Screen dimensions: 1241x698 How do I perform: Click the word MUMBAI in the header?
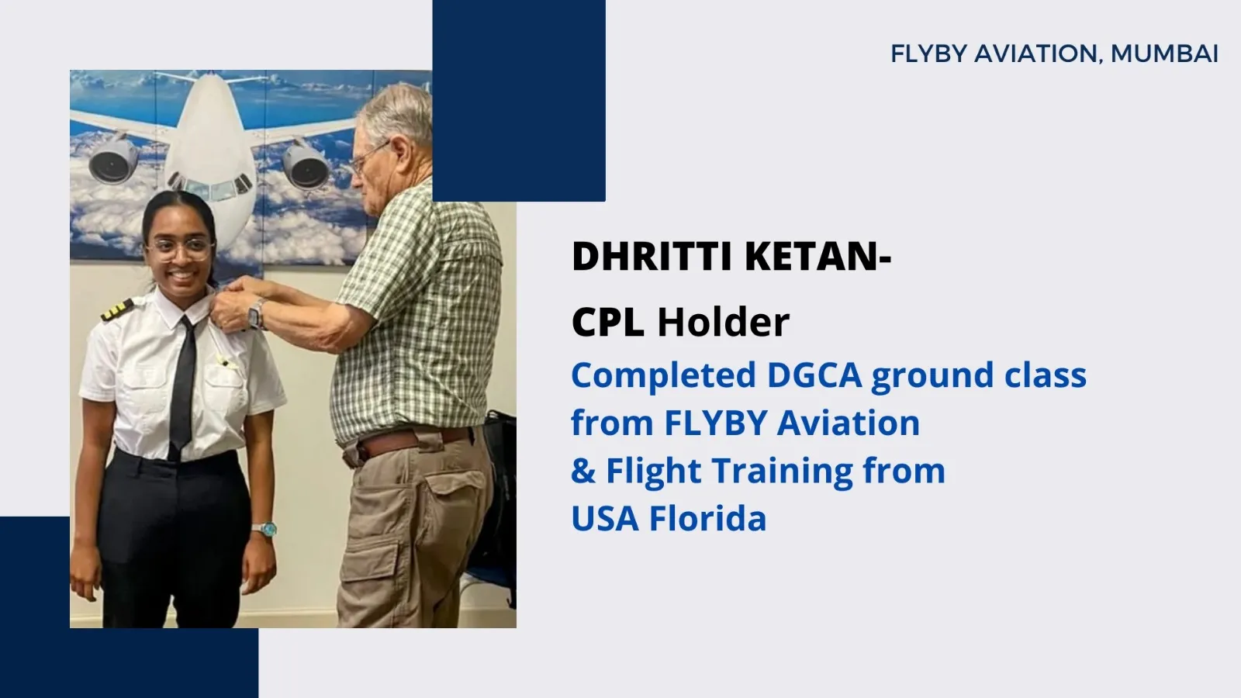[1164, 54]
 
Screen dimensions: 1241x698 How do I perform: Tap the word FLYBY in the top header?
[928, 54]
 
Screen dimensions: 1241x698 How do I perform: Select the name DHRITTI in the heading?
[652, 257]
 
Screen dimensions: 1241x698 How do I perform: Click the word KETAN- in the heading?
[818, 257]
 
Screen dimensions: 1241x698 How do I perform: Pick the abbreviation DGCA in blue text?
[814, 375]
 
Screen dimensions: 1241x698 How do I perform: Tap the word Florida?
[707, 518]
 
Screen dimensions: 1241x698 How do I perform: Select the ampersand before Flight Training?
[583, 470]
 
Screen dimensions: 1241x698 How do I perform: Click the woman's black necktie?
[182, 387]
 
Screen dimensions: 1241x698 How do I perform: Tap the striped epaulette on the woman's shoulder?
[117, 310]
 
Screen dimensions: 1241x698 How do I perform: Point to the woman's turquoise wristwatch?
[264, 529]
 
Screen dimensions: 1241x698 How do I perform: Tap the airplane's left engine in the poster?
[113, 160]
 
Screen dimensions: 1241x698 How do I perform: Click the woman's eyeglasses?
[181, 248]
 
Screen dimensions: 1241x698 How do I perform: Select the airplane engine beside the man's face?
[307, 165]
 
